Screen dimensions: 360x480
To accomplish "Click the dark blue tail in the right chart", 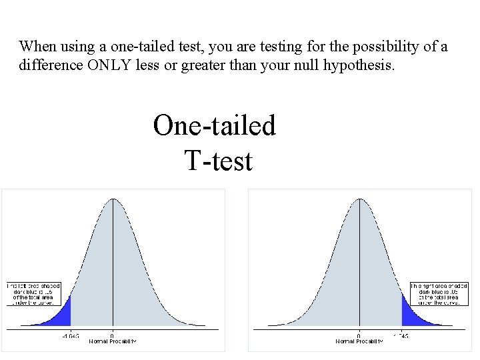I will click(x=410, y=313).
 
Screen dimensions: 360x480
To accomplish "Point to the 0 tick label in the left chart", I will click(x=112, y=335).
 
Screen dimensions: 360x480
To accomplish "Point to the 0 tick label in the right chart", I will click(x=359, y=335).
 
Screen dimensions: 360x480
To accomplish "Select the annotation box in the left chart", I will click(x=33, y=293).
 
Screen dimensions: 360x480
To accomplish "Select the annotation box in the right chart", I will click(x=439, y=293).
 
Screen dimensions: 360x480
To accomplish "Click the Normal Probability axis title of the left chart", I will click(x=112, y=341).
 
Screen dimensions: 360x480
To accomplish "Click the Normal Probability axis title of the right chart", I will click(x=359, y=341).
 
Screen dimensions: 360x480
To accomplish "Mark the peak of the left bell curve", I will click(x=113, y=199).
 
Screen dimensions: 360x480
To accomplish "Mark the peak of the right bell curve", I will click(x=359, y=199).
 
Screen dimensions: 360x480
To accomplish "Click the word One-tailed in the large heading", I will click(x=214, y=125).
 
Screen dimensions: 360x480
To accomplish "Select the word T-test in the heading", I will click(x=218, y=161).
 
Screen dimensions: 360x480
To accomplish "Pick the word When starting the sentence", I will click(x=37, y=47).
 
